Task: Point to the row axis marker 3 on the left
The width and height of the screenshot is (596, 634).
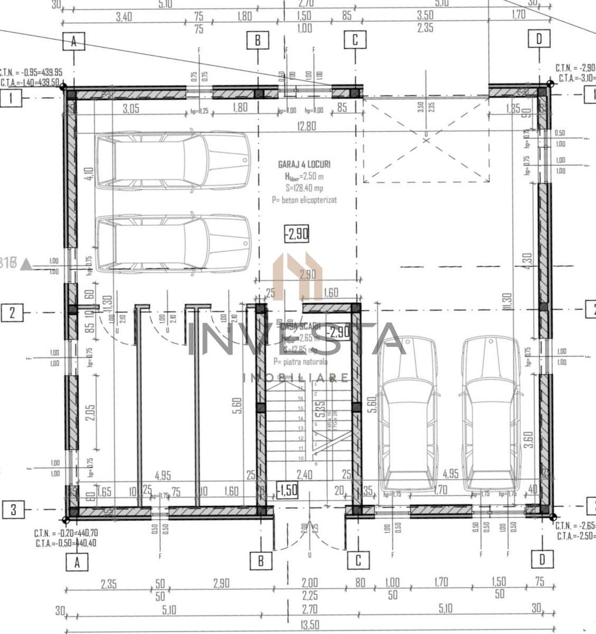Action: pyautogui.click(x=13, y=510)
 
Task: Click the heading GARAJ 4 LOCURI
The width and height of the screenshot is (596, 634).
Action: pyautogui.click(x=304, y=165)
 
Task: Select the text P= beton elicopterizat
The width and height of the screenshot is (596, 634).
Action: pyautogui.click(x=304, y=200)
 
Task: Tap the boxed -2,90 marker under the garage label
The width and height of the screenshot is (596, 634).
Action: pyautogui.click(x=296, y=234)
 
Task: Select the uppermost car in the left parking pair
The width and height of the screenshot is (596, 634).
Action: pyautogui.click(x=173, y=160)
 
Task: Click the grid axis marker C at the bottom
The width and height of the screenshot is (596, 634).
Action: pyautogui.click(x=358, y=560)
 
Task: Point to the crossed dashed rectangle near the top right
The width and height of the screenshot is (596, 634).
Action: pyautogui.click(x=426, y=140)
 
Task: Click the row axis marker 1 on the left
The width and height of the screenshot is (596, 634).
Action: pyautogui.click(x=12, y=98)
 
